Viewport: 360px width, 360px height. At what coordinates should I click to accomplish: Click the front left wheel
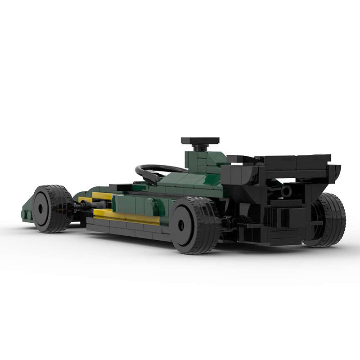52,208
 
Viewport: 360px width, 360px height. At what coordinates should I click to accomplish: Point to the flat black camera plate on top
200,141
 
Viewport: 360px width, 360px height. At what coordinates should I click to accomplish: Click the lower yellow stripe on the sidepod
126,217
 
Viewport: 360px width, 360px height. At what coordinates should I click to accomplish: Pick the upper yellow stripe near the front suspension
102,196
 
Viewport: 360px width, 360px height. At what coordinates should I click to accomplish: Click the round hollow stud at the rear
286,191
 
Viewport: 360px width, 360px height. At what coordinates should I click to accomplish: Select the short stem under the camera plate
200,147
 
